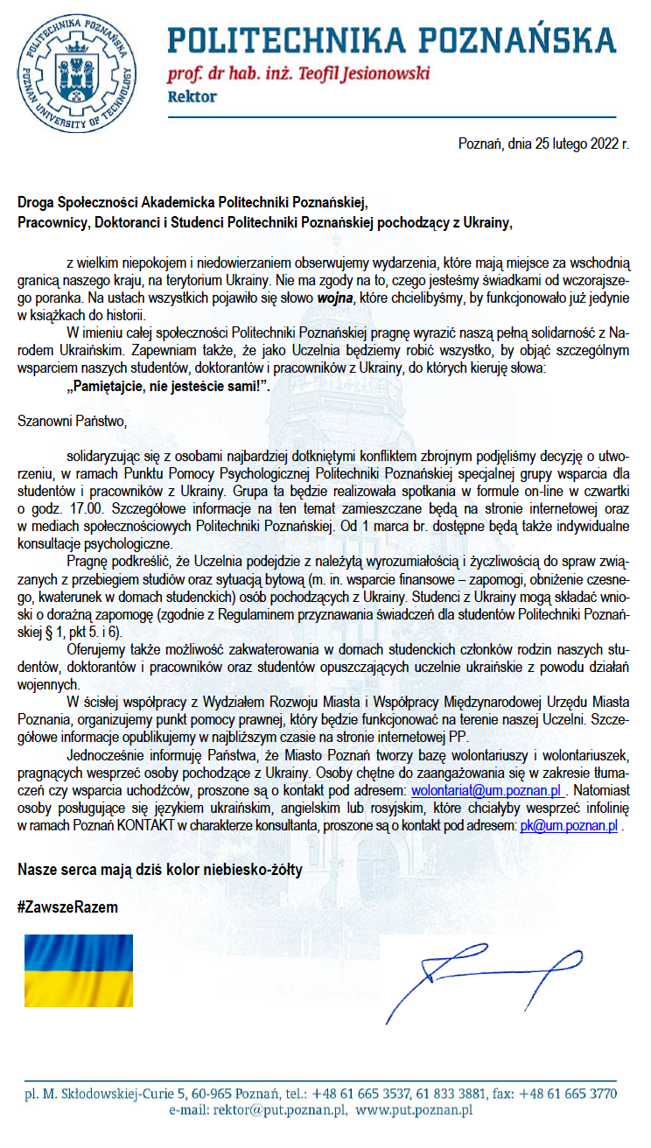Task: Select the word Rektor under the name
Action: tap(192, 97)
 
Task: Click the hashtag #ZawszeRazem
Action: tap(67, 907)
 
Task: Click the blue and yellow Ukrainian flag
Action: tap(77, 969)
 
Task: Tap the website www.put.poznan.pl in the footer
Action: tap(414, 1109)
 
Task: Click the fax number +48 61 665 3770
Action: tap(573, 1094)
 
